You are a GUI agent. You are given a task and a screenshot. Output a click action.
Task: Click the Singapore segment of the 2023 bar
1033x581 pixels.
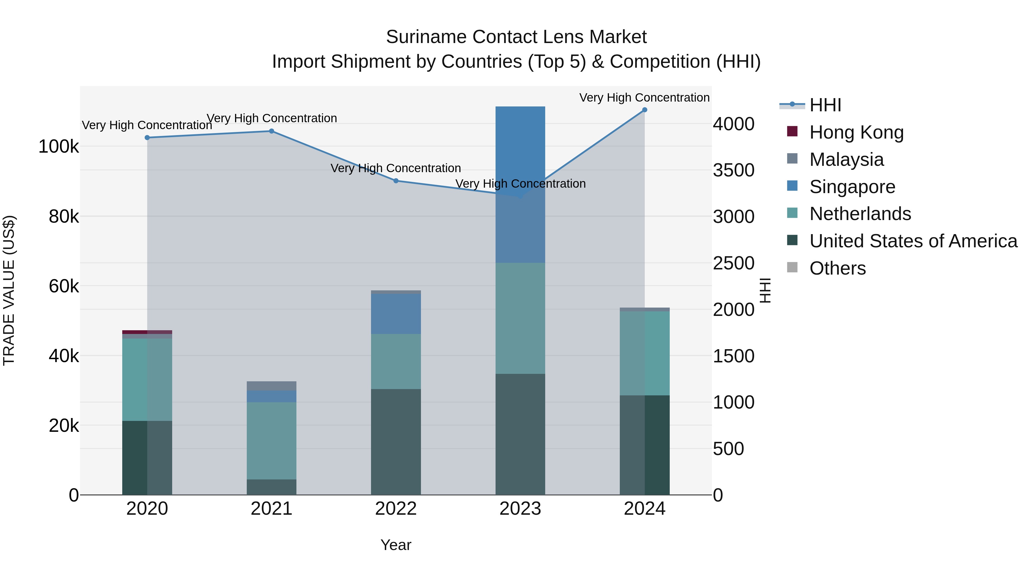[x=520, y=184]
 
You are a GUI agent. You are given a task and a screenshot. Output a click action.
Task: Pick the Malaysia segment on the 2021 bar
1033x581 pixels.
[x=271, y=386]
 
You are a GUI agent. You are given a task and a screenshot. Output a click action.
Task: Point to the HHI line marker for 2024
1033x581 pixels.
[x=644, y=110]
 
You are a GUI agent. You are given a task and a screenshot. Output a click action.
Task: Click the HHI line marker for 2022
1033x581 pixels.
[x=396, y=181]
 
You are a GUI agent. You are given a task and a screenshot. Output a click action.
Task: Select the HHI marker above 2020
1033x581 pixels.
[x=147, y=137]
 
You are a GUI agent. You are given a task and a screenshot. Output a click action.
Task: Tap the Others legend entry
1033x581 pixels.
[x=837, y=268]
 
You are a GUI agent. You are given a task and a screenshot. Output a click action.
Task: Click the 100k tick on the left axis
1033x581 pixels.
[x=59, y=147]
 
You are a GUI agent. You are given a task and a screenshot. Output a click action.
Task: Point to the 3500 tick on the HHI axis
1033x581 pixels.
[x=733, y=170]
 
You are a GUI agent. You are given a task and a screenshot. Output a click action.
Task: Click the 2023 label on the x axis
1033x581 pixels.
[x=520, y=509]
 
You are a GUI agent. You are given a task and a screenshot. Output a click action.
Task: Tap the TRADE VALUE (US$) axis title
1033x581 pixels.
[x=9, y=290]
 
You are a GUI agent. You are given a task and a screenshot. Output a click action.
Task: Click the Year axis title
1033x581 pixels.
[x=396, y=545]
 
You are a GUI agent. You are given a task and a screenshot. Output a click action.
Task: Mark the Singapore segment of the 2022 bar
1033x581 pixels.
[x=396, y=314]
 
